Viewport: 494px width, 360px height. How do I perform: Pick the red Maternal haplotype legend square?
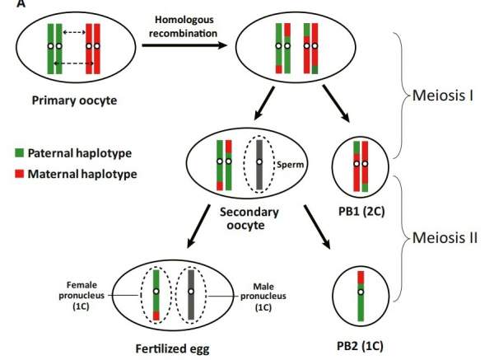(19, 174)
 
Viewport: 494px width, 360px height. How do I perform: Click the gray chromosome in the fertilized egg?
(190, 292)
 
